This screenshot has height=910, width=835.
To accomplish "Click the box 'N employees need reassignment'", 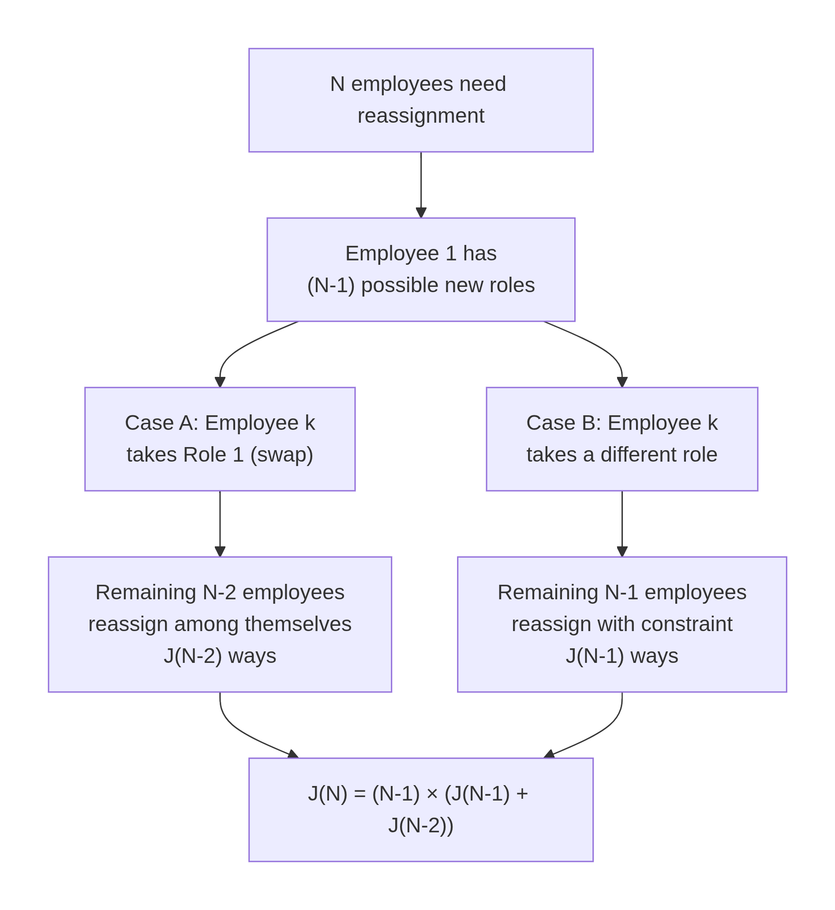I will coord(421,100).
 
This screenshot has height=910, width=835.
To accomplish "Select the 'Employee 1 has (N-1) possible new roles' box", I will coord(421,270).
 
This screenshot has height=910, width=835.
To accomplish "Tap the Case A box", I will coord(220,439).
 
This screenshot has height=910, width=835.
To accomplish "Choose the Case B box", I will coord(622,439).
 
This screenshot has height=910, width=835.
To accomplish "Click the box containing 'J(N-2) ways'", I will coord(220,624).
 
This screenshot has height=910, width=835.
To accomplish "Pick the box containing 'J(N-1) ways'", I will coord(622,624).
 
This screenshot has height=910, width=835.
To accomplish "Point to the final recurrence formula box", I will coord(421,810).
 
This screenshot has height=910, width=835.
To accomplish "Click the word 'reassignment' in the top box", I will coord(421,116).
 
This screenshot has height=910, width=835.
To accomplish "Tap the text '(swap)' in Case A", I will coord(281,455).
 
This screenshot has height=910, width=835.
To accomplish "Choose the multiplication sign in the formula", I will coord(432,794).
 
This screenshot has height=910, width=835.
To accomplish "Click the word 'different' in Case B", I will coord(631,455).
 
